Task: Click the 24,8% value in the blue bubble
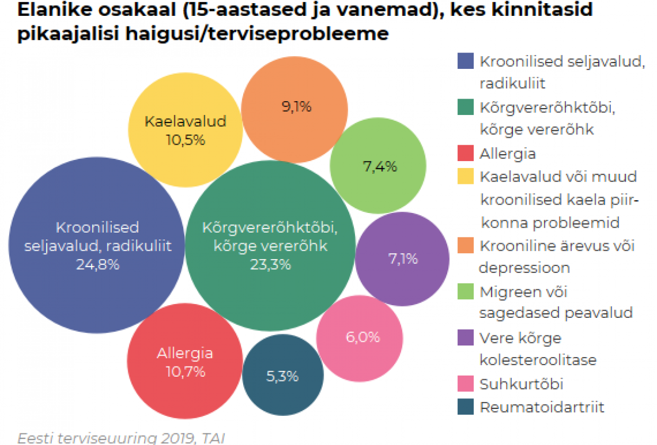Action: pos(97,265)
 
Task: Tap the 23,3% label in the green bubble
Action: pos(270,265)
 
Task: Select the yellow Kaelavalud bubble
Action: pos(185,130)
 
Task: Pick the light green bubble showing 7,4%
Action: pos(379,166)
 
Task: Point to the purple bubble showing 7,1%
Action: pos(402,259)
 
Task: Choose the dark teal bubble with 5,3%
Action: pos(282,376)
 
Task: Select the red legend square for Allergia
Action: pos(465,154)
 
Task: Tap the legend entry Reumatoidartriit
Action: pos(541,407)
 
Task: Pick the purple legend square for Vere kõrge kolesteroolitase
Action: pos(465,337)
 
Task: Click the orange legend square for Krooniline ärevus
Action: pos(465,246)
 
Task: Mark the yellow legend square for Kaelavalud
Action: pos(465,176)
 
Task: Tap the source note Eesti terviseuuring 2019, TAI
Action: pos(121,438)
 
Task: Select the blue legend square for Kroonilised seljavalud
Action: pos(465,61)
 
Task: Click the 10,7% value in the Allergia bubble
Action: pos(185,372)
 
